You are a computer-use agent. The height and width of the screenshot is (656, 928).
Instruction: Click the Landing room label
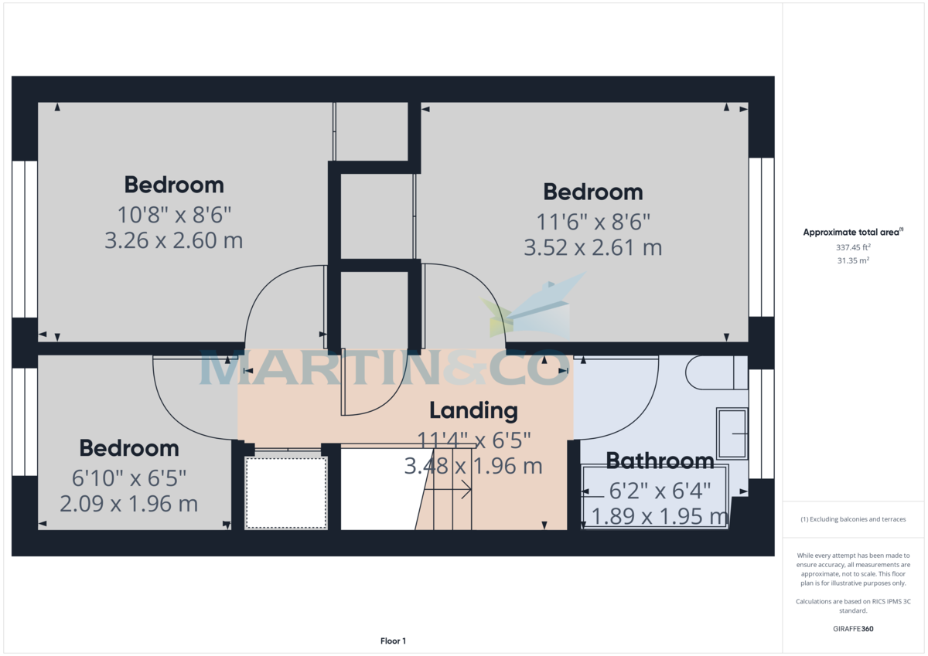point(473,411)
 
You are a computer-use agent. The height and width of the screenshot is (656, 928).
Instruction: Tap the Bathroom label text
point(660,461)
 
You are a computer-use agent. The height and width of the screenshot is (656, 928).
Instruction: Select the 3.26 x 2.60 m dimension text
point(174,240)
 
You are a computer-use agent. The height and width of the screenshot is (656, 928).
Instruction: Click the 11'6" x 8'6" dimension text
point(593,222)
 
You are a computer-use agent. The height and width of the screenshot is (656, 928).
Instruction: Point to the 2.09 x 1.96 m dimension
point(129,504)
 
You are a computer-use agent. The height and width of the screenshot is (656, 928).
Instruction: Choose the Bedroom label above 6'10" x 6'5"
point(129,448)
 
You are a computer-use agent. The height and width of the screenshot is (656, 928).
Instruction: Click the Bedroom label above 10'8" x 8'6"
point(174,185)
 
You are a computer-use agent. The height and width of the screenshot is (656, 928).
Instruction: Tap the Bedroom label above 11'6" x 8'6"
point(593,192)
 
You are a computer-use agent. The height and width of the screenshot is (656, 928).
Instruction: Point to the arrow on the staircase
point(465,489)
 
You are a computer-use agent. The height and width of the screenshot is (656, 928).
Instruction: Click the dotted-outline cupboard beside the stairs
point(286,492)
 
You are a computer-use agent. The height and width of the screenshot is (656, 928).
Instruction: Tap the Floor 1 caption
point(393,641)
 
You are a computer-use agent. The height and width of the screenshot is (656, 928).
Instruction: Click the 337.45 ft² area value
point(853,248)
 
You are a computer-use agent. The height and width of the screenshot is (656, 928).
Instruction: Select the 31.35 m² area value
point(853,261)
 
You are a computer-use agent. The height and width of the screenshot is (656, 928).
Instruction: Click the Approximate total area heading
point(851,233)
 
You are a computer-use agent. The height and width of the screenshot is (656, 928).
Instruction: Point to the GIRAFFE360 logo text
point(853,629)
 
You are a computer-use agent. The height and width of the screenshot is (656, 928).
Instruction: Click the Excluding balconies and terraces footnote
point(853,519)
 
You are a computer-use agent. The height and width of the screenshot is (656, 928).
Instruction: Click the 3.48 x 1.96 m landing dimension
point(473,467)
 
